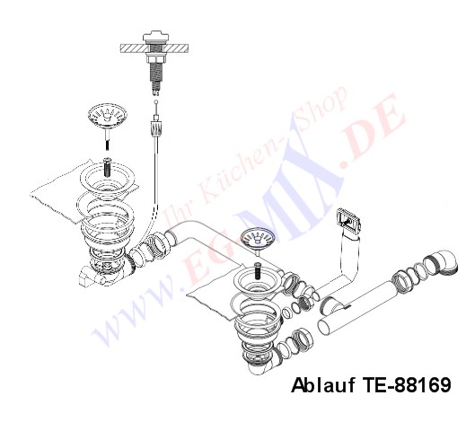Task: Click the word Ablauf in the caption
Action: point(323,385)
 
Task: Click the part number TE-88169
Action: point(406,385)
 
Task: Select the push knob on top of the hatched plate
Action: point(155,37)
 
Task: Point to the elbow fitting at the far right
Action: point(444,262)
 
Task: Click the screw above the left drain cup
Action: point(108,168)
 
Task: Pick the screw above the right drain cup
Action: point(258,270)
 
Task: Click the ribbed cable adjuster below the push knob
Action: point(155,127)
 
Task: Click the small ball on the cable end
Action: point(156,102)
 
